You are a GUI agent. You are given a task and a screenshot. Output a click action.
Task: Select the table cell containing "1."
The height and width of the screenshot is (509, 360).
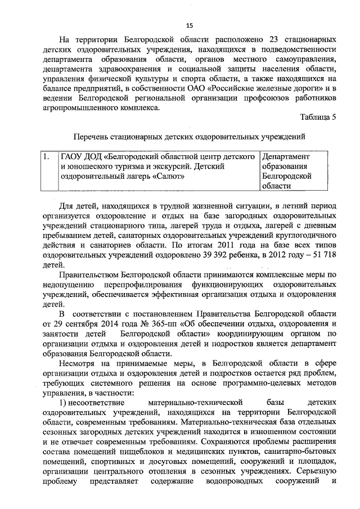(49, 156)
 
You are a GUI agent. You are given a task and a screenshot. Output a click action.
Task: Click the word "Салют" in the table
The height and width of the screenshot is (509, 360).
(169, 175)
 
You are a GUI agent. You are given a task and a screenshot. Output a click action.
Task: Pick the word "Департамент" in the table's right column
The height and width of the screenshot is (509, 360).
(286, 156)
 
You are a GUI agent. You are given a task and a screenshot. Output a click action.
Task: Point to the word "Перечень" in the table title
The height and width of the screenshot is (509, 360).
(93, 137)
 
